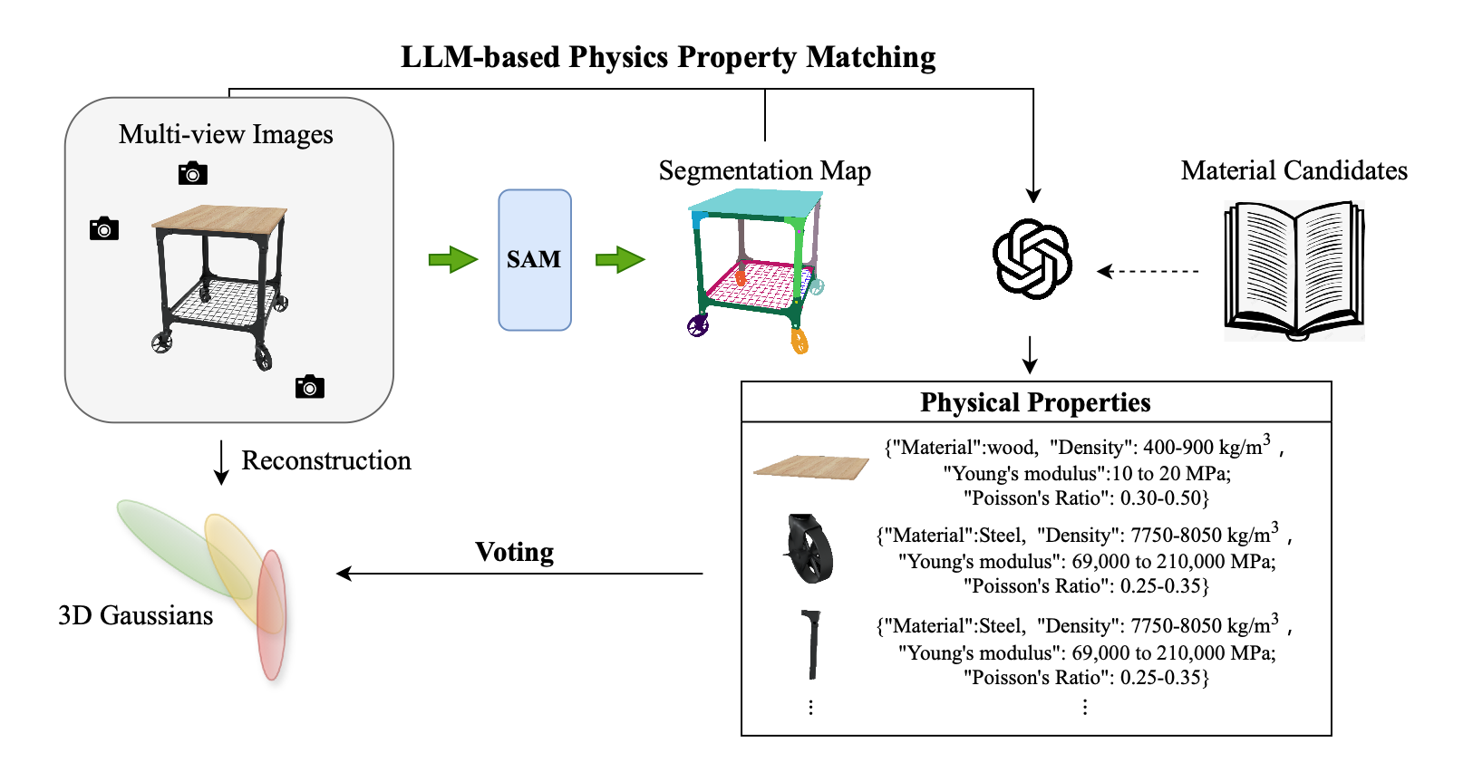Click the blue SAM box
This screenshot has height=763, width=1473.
point(534,260)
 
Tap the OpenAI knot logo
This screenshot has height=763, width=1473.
point(1032,258)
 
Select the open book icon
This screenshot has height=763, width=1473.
point(1294,271)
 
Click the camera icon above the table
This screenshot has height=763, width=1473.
point(192,173)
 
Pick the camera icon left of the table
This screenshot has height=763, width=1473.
point(104,229)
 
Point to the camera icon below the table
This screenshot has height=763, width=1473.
point(310,387)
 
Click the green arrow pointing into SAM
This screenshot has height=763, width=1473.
point(452,259)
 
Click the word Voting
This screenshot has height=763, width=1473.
point(514,552)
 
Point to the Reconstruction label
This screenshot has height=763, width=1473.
point(326,460)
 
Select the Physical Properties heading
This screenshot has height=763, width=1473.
point(1035,402)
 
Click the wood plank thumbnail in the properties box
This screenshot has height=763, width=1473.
point(810,467)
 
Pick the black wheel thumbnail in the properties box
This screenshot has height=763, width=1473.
point(809,549)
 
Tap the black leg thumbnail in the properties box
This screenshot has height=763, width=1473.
point(811,644)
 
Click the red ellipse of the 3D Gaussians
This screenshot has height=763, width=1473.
point(271,616)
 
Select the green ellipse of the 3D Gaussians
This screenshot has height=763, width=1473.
point(177,544)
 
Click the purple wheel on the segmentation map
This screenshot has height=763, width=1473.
point(697,325)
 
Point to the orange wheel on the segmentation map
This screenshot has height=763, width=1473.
point(799,342)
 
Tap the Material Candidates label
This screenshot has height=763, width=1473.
point(1294,170)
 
